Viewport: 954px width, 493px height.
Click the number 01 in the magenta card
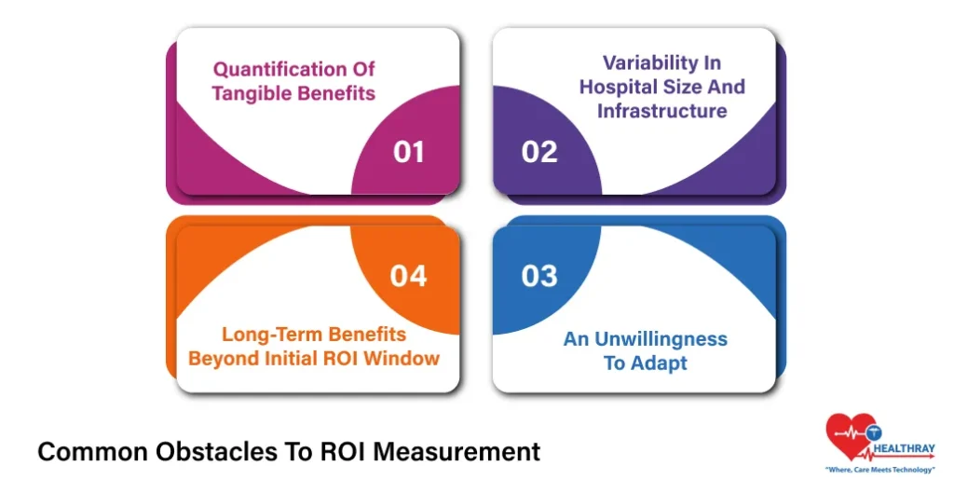408,152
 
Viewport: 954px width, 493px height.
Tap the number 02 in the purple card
539,152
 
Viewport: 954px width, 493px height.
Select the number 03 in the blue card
539,276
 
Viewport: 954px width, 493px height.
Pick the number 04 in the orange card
408,276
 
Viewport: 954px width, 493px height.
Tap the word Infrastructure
661,111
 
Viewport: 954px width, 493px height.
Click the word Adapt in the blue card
659,363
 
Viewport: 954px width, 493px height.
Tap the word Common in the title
79,452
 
